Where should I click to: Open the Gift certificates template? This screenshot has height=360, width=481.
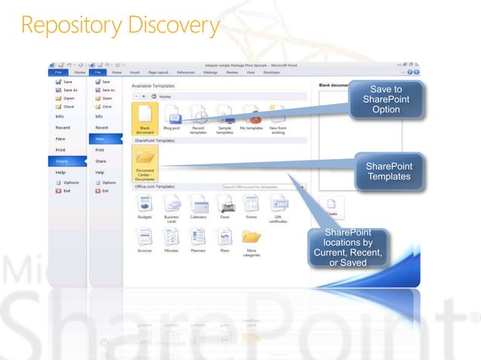[x=278, y=206]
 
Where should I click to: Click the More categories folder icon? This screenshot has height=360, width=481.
[x=252, y=239]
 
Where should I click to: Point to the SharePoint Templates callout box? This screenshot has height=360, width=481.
[x=388, y=171]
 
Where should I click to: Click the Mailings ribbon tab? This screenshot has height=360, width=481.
[x=210, y=72]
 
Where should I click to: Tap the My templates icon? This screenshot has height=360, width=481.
[x=253, y=117]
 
